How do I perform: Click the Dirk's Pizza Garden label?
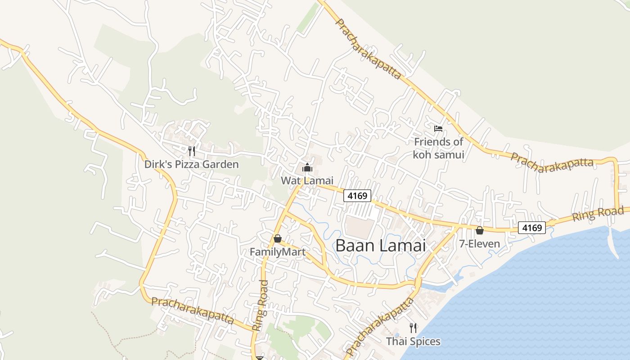tap(191, 164)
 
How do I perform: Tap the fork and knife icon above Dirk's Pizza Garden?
tap(192, 151)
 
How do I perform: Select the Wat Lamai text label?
tap(307, 180)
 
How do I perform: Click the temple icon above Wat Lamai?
tap(307, 168)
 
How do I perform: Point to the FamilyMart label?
tap(277, 252)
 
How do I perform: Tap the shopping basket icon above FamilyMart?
tap(278, 238)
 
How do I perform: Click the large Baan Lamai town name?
tap(380, 246)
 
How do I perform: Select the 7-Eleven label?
tap(479, 244)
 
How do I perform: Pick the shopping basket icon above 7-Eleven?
tap(480, 230)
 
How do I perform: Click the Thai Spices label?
tap(413, 342)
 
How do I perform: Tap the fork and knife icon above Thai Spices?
tap(413, 328)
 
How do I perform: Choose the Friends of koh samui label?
tap(438, 148)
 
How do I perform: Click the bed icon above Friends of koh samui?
tap(438, 129)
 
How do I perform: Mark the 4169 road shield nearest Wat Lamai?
tap(357, 196)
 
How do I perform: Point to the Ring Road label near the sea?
tap(598, 214)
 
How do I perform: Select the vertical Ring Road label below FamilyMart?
tap(261, 306)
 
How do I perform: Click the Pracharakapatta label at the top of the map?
tap(368, 49)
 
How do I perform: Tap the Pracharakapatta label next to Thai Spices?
tap(379, 326)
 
